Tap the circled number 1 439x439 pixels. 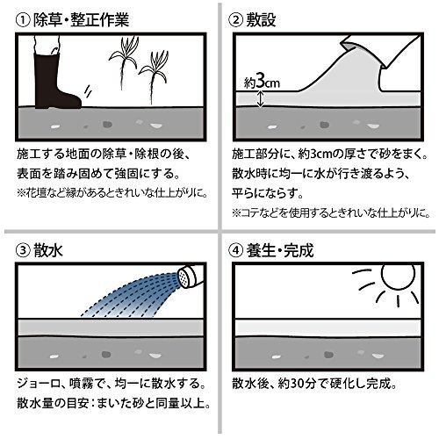click(23, 21)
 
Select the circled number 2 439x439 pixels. click(235, 21)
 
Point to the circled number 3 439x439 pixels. click(23, 251)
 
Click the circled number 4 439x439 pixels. click(235, 251)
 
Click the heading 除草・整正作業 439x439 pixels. click(81, 20)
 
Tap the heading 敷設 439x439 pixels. click(261, 20)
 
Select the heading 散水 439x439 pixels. click(48, 250)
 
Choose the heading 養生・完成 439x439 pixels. click(280, 250)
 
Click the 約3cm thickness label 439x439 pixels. click(262, 83)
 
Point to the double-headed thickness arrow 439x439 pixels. click(261, 99)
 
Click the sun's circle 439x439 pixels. click(398, 275)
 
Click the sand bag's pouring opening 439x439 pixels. click(363, 50)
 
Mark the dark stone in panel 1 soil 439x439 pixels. click(107, 125)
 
